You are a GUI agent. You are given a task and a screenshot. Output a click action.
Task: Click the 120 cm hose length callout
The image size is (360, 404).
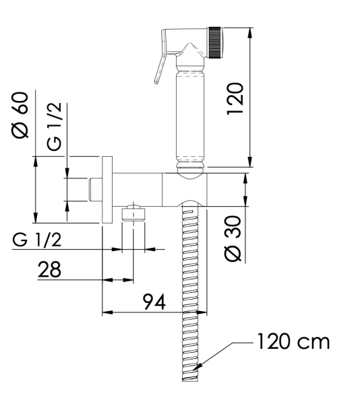pyautogui.click(x=292, y=341)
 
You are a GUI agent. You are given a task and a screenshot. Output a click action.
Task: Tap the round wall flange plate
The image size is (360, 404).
pyautogui.click(x=107, y=190)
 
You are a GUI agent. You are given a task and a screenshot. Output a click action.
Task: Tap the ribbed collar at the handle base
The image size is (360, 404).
pyautogui.click(x=190, y=162)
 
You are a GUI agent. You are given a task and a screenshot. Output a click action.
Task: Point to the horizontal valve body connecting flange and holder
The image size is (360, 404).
pyautogui.click(x=138, y=189)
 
